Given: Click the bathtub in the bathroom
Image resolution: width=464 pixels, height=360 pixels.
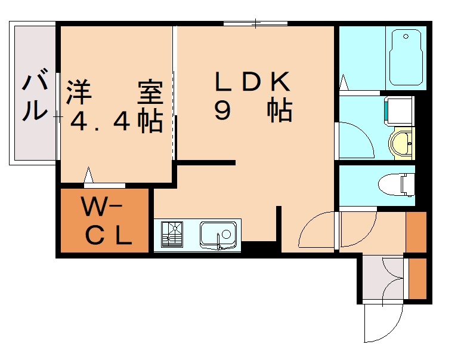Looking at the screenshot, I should pos(406,58).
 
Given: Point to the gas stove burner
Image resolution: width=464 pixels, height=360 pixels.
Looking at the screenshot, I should pos(172,235).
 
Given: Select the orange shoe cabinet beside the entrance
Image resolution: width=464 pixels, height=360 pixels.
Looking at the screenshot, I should pos(418,278).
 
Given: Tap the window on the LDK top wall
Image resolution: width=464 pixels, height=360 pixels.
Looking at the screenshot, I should pos(256,24).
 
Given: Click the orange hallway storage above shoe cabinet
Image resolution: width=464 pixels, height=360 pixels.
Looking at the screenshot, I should pos(416,232).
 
